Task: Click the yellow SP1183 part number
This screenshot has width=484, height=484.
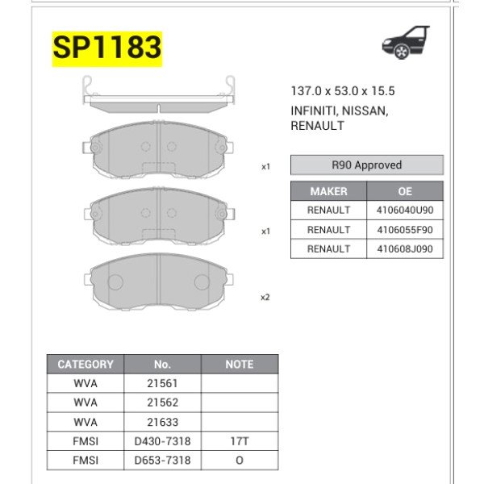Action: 107,48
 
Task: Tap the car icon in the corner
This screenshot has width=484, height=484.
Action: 406,43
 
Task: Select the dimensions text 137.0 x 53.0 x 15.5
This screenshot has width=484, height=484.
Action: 343,92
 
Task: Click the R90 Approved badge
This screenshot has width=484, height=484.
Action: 366,165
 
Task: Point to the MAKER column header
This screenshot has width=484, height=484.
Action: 328,191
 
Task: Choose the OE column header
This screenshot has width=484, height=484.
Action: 405,191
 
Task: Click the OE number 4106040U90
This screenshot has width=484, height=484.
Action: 405,211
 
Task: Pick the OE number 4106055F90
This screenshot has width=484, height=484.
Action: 405,230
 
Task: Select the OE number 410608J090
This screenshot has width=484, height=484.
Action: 405,249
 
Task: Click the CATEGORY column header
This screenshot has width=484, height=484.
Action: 86,365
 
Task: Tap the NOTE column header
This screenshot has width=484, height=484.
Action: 239,365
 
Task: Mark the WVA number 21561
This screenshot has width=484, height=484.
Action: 162,383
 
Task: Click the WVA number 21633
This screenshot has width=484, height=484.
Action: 162,422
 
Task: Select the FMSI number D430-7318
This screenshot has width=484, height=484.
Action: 162,441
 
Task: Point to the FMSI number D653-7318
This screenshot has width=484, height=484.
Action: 162,461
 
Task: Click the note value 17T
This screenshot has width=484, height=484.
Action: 239,441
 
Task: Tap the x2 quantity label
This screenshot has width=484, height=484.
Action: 265,297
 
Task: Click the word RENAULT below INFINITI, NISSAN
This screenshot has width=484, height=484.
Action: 317,126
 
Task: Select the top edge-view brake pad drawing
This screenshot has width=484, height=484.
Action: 159,97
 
